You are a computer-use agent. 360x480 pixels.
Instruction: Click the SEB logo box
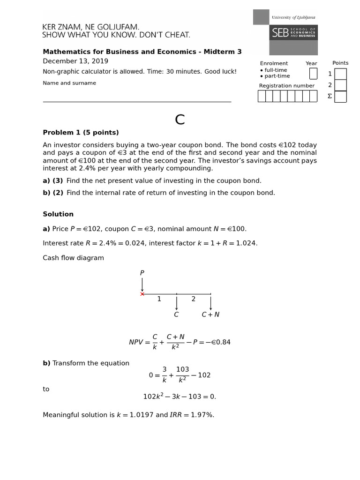click(293, 32)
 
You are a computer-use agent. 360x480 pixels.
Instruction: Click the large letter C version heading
click(180, 120)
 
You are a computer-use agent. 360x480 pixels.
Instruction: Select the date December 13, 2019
click(75, 61)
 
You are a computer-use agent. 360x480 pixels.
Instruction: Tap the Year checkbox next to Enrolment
click(313, 74)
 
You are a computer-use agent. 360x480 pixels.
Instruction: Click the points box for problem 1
click(340, 74)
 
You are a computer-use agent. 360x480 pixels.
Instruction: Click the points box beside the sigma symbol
click(340, 97)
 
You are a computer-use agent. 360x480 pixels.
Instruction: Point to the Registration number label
click(287, 86)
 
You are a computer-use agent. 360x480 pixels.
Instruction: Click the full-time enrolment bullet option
click(275, 70)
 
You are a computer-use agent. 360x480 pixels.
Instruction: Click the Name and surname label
click(69, 83)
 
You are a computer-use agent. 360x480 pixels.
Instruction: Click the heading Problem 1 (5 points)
click(81, 133)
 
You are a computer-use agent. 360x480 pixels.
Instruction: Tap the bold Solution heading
click(58, 214)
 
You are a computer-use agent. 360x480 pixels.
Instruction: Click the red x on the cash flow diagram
click(142, 294)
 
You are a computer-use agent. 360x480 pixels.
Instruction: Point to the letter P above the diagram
click(142, 273)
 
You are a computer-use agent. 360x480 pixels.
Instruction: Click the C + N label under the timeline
click(210, 315)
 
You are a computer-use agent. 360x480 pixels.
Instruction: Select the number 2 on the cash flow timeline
click(194, 299)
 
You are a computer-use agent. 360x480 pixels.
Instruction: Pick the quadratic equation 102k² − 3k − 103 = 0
click(180, 397)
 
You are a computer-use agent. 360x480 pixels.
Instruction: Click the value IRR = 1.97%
click(192, 415)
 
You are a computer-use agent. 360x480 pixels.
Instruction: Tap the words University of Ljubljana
click(293, 17)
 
